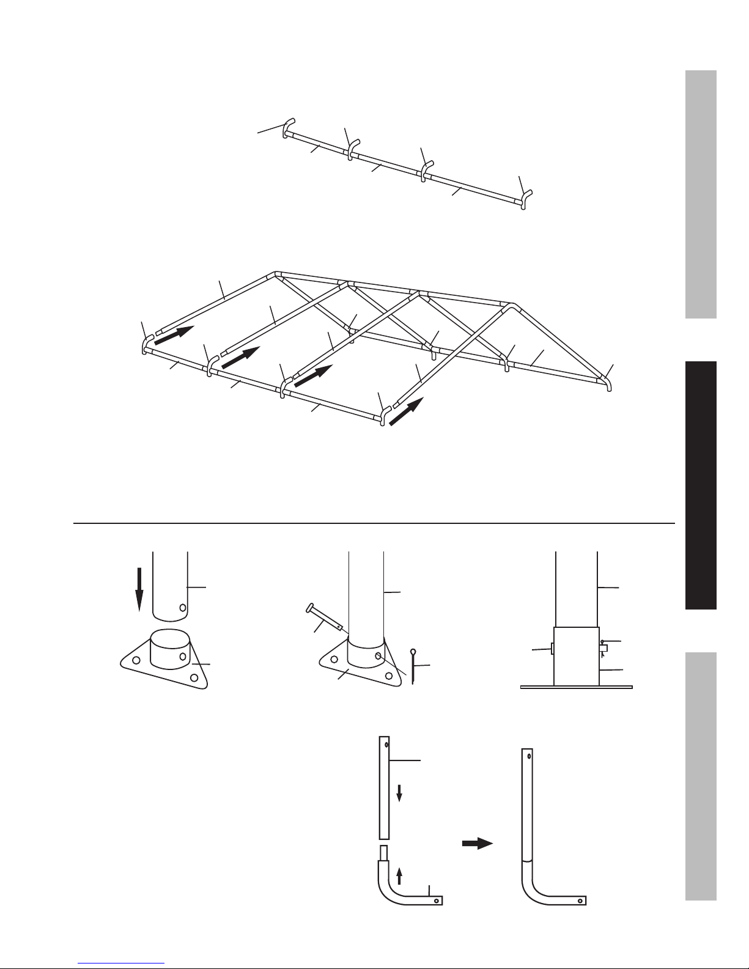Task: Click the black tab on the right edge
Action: (701, 485)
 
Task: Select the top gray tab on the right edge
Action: (701, 194)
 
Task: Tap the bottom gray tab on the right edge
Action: (701, 776)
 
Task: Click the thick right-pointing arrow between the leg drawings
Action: (476, 844)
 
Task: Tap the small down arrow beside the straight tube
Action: (399, 794)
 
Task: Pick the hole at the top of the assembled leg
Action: (529, 756)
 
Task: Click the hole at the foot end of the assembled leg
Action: (580, 901)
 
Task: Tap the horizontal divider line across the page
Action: (374, 523)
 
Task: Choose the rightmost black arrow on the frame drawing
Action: (406, 411)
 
